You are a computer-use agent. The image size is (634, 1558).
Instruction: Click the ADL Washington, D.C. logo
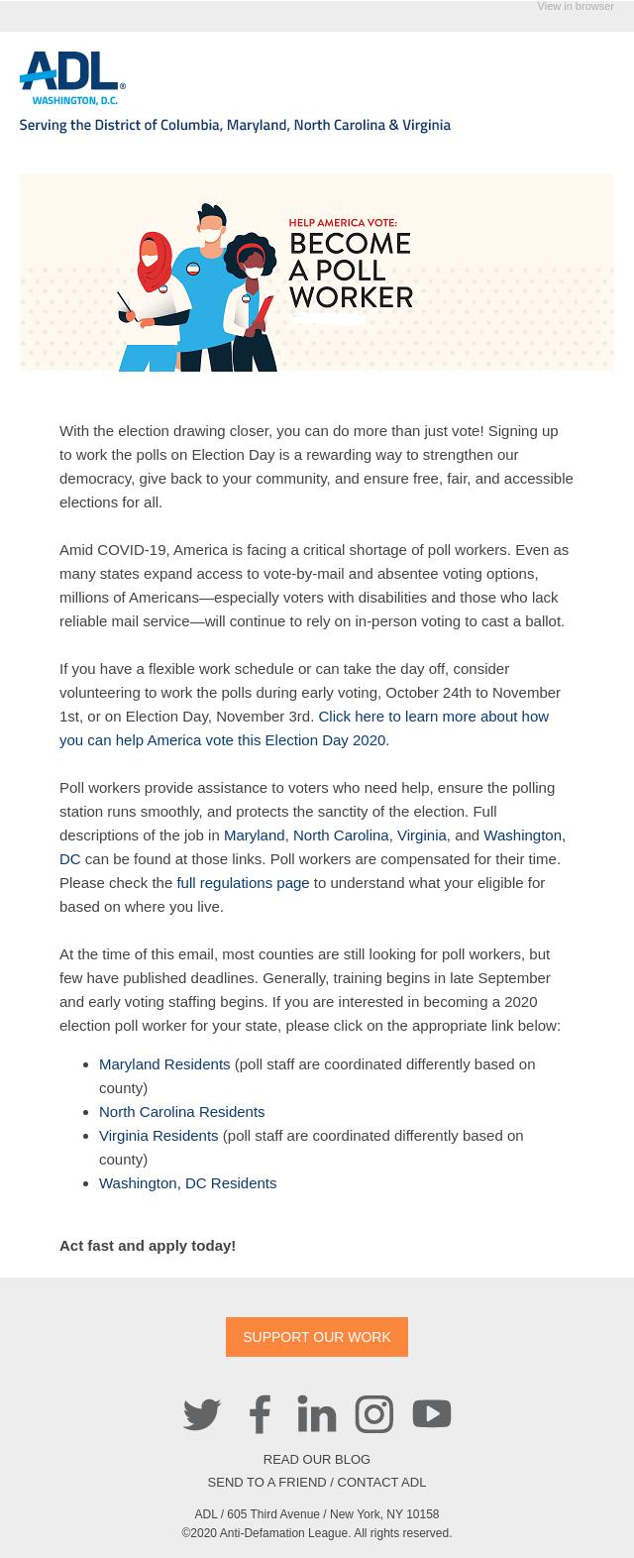click(72, 78)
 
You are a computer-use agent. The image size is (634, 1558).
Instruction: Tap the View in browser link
click(575, 7)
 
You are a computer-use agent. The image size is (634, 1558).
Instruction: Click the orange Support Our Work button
click(317, 1337)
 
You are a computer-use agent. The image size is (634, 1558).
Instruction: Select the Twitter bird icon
click(202, 1414)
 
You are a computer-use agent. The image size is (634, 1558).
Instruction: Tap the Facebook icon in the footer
click(260, 1414)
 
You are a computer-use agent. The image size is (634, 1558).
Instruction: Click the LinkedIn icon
click(317, 1414)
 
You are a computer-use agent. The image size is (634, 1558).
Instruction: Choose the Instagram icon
click(374, 1414)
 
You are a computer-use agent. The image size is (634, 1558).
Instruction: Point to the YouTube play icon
click(432, 1414)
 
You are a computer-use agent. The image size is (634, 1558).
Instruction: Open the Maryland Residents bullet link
click(164, 1064)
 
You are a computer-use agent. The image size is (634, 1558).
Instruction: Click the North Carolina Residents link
click(181, 1112)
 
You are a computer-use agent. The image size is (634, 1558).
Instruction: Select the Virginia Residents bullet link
click(158, 1136)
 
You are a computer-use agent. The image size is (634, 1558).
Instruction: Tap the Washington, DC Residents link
click(187, 1183)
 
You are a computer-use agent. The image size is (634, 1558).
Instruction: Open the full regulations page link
click(243, 883)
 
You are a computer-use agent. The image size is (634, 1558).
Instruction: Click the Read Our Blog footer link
click(317, 1460)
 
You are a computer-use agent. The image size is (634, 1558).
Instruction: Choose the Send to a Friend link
click(266, 1483)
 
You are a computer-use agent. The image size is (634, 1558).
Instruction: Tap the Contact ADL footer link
click(381, 1483)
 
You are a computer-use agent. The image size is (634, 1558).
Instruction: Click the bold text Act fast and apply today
click(148, 1246)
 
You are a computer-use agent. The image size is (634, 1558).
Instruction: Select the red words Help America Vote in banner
click(343, 224)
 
